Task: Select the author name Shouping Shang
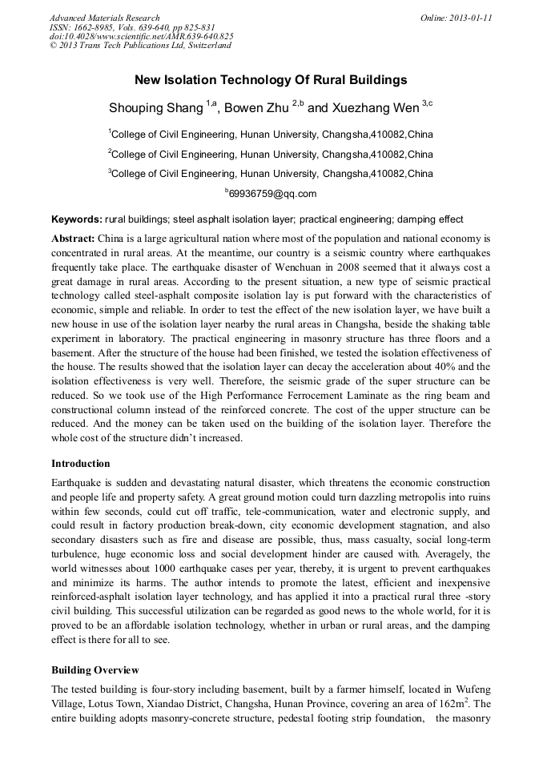(155, 107)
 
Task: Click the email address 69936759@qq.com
(272, 194)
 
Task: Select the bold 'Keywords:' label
(77, 219)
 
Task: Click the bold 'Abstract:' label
(74, 239)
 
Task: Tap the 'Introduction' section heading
(81, 464)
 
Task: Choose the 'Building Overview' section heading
(95, 669)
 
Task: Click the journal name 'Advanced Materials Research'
(105, 18)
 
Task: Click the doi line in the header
(142, 36)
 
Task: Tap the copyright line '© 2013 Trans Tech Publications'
(140, 46)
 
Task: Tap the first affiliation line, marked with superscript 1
(271, 134)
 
